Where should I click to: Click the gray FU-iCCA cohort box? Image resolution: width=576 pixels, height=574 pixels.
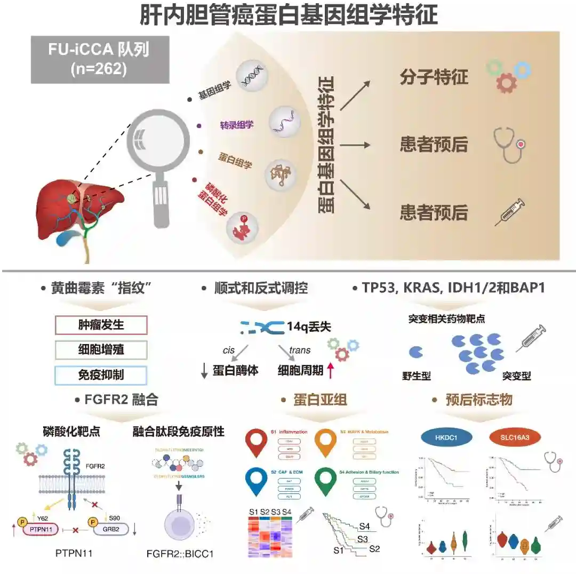(100, 59)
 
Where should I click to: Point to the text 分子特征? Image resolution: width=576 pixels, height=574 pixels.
(434, 77)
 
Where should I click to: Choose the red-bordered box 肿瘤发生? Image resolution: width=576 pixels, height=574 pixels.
(101, 324)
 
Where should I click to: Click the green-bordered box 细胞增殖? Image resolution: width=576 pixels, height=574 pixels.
(101, 350)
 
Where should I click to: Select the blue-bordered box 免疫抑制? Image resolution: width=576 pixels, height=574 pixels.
(101, 375)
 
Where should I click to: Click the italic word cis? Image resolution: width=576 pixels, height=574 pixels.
(229, 350)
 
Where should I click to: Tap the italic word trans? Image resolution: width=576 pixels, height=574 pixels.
(300, 350)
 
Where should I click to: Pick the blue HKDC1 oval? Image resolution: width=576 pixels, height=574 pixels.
(447, 437)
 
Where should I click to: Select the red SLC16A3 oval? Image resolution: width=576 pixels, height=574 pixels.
(515, 437)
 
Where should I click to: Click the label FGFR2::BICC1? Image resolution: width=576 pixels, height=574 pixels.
(180, 554)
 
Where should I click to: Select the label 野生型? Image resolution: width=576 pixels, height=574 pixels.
(417, 376)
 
